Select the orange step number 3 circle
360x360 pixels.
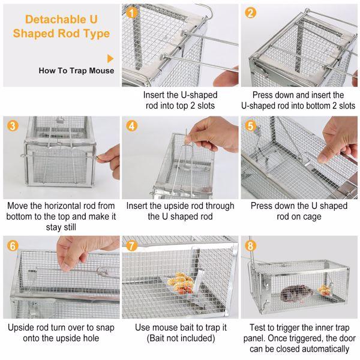pyautogui.click(x=13, y=126)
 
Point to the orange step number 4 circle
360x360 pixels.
pyautogui.click(x=133, y=126)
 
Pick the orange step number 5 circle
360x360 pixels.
pyautogui.click(x=251, y=126)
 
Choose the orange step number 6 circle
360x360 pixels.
pyautogui.click(x=13, y=245)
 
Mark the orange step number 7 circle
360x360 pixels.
pyautogui.click(x=133, y=245)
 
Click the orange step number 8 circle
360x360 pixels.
pyautogui.click(x=251, y=245)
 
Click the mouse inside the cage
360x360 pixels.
pyautogui.click(x=296, y=293)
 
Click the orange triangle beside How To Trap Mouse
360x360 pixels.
pyautogui.click(x=110, y=58)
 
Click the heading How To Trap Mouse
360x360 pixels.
pyautogui.click(x=76, y=71)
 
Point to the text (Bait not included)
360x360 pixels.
pyautogui.click(x=179, y=339)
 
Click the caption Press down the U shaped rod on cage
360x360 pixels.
pyautogui.click(x=299, y=211)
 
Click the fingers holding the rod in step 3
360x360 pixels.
pyautogui.click(x=107, y=157)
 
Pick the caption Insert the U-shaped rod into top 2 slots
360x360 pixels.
pyautogui.click(x=179, y=100)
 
